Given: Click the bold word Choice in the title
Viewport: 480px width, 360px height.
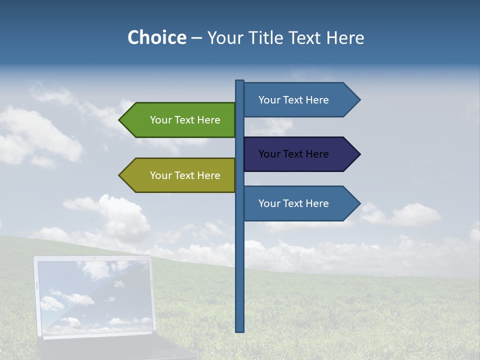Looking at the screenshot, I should (x=156, y=38).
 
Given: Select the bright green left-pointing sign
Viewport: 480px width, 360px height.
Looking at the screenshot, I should (x=180, y=120).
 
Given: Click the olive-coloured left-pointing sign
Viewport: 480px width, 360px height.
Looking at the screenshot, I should (x=180, y=175).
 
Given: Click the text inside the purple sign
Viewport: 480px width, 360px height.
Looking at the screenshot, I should (x=293, y=154).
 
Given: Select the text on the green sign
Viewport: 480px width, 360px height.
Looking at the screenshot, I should (x=185, y=120).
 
